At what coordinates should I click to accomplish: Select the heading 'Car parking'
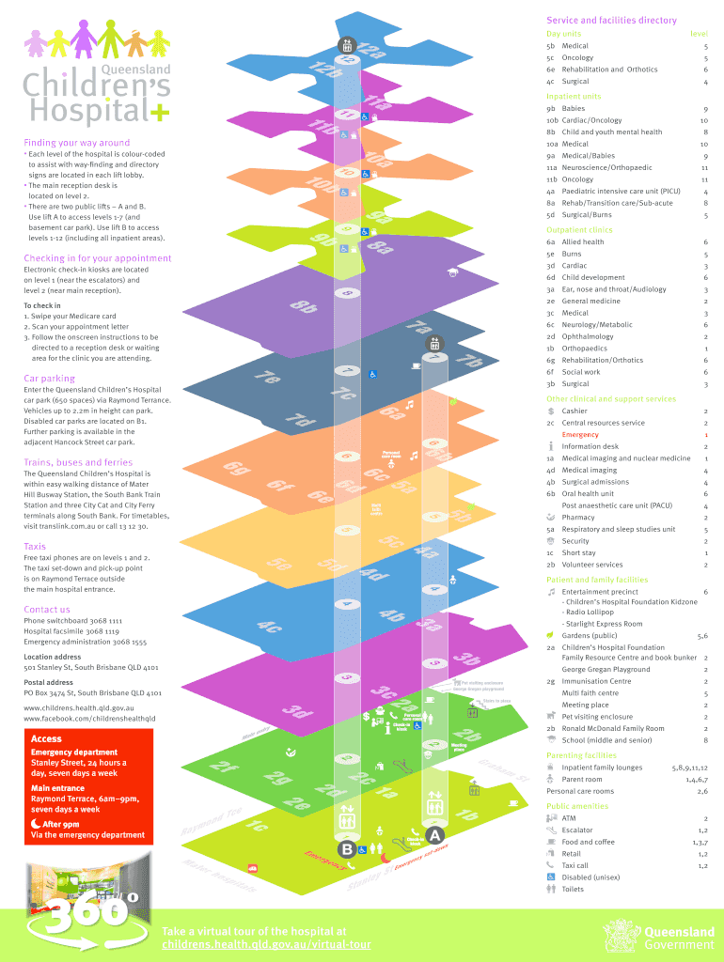(49, 379)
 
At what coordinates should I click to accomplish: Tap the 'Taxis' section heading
(35, 546)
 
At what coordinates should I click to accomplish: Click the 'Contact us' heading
(47, 610)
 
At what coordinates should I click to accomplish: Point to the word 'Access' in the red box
(46, 738)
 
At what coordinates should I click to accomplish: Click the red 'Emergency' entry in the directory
(580, 435)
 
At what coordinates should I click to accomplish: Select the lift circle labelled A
(434, 835)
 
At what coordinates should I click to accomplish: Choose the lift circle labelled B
(346, 849)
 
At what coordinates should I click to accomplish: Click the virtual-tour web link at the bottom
(266, 944)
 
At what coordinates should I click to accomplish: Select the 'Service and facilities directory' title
(611, 21)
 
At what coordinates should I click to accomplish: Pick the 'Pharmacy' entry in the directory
(578, 518)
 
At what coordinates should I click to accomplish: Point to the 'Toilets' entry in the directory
(573, 889)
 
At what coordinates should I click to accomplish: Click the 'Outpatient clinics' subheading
(579, 230)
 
